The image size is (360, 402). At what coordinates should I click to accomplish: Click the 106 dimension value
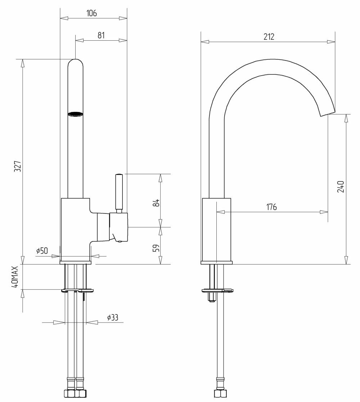91,13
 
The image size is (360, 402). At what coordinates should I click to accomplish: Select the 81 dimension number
101,35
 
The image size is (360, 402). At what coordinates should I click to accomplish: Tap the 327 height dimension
18,166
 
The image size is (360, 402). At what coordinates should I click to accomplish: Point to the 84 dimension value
156,203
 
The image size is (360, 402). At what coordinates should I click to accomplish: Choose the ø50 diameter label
42,250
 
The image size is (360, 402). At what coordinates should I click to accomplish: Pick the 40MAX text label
15,277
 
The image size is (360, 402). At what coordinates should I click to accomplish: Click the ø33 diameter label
113,317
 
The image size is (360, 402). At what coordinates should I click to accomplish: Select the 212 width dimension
269,37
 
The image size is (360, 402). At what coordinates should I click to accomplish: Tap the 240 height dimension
341,187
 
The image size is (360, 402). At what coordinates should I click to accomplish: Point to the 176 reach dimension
271,207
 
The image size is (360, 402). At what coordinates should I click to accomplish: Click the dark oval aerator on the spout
75,114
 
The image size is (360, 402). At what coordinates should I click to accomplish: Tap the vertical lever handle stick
119,191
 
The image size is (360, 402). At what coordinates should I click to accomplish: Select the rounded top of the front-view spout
75,63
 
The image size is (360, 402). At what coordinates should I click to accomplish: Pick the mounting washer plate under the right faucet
218,290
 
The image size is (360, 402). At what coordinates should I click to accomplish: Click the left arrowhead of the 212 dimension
205,42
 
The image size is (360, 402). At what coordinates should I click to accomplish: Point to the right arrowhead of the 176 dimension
324,212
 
